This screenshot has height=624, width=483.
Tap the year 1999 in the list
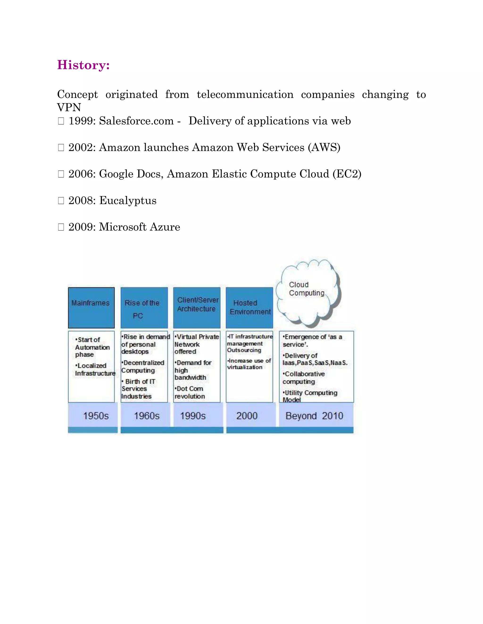tap(82, 121)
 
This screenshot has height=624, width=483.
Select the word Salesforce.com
tap(136, 121)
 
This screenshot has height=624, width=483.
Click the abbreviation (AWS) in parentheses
tap(324, 148)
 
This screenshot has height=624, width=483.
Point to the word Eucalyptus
tap(128, 201)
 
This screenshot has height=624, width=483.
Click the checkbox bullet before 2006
tap(61, 174)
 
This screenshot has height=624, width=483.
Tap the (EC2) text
tap(347, 174)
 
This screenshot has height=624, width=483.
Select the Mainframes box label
tap(90, 303)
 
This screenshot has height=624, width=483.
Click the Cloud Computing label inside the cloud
tap(306, 289)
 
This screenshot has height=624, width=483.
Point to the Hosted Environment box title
tap(250, 308)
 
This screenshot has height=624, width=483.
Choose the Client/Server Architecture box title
tap(197, 304)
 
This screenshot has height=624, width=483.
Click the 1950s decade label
tap(96, 416)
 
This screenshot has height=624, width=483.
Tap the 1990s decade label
tap(193, 416)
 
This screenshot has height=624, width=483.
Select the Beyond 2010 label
tap(314, 416)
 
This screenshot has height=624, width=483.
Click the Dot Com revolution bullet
tap(190, 393)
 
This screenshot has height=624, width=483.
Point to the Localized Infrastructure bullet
tap(94, 369)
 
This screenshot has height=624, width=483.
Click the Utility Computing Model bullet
tap(310, 396)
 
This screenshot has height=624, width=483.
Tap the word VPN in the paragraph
tap(69, 108)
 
